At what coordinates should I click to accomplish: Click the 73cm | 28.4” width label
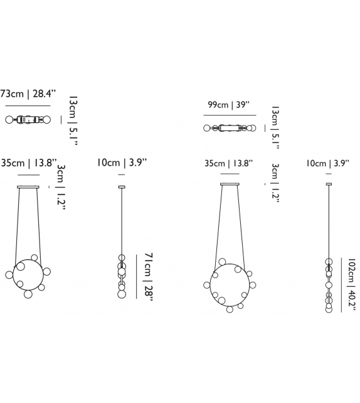tap(28, 94)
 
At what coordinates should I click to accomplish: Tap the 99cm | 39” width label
tap(228, 105)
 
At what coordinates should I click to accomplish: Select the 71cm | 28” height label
tap(149, 277)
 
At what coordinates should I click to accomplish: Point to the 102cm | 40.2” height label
tap(351, 284)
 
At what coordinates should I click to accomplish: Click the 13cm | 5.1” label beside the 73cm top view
tap(73, 121)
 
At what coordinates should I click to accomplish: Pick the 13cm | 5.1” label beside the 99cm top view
tap(275, 127)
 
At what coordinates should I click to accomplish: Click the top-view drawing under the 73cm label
tap(28, 119)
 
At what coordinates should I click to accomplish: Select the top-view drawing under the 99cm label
tap(230, 128)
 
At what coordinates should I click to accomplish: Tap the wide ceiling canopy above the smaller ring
tap(28, 187)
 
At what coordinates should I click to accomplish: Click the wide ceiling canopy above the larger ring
tap(230, 184)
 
